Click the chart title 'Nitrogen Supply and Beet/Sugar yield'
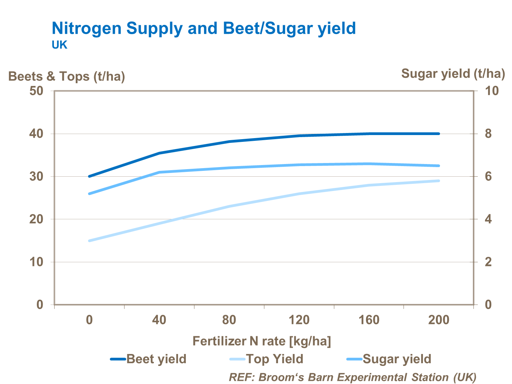tap(204, 28)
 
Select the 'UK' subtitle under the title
tap(59, 45)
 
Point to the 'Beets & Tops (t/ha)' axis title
tap(67, 76)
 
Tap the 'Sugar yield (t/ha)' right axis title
tap(453, 74)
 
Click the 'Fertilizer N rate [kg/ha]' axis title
tap(262, 341)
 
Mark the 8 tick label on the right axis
tap(488, 134)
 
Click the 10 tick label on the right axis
tap(492, 91)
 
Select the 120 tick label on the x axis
tap(299, 320)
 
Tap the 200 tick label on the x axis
tap(439, 320)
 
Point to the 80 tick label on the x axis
tap(229, 320)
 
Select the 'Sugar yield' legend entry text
tap(397, 359)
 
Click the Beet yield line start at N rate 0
tap(89, 176)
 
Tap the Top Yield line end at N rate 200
tap(439, 181)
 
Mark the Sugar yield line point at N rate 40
tap(159, 172)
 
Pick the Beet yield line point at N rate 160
tap(369, 134)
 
